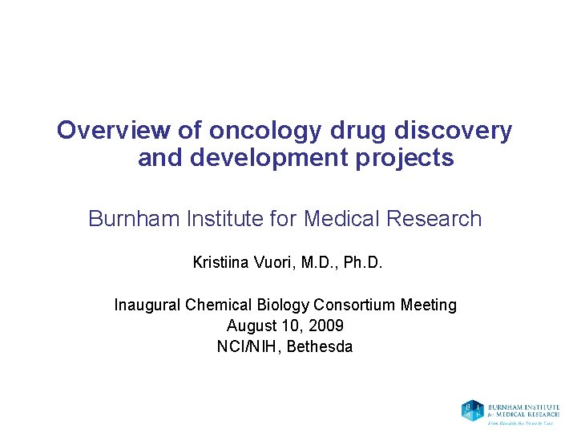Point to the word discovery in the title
(x=432, y=130)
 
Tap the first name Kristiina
(x=220, y=262)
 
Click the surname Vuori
(x=273, y=262)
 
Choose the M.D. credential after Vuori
(x=318, y=262)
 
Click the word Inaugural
(x=147, y=305)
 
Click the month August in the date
(x=251, y=326)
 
